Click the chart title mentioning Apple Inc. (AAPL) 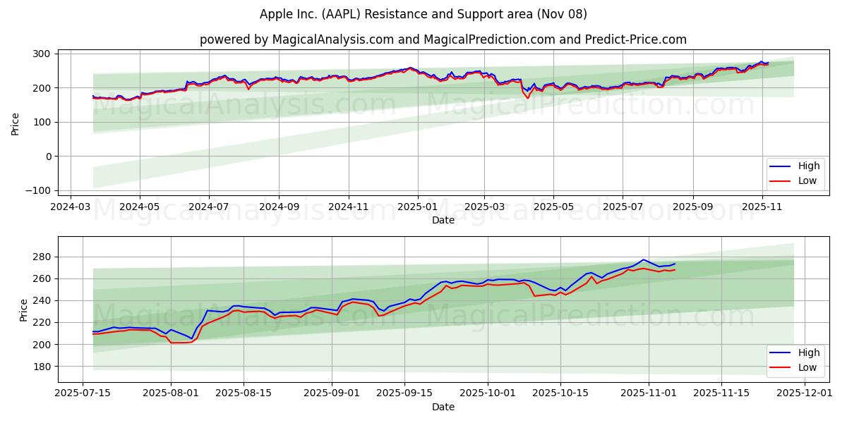(x=423, y=14)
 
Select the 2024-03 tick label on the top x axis (x=70, y=208)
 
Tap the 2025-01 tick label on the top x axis (x=417, y=208)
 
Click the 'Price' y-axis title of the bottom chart (x=23, y=310)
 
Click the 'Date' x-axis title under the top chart (x=443, y=221)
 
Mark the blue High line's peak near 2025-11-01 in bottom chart (x=643, y=259)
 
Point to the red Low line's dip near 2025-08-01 (x=172, y=343)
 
